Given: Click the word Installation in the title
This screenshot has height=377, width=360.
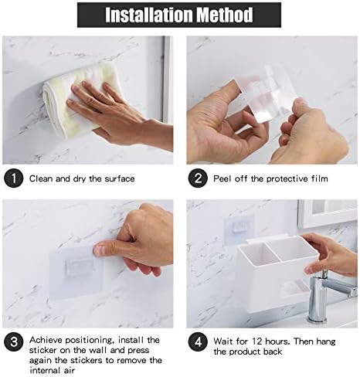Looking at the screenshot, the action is tap(150, 15).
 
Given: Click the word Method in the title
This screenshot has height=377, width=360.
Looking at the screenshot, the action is tap(225, 15).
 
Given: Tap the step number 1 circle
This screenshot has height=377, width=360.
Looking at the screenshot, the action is tap(14, 178).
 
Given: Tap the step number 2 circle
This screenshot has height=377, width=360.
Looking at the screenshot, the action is tap(198, 178).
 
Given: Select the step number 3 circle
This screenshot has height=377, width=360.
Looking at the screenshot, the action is tap(14, 342).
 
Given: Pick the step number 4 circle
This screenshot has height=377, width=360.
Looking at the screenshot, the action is tap(198, 342).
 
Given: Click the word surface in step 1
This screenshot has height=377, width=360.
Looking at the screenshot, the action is tap(120, 178).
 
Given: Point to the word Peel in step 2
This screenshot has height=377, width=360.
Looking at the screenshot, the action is tap(222, 178).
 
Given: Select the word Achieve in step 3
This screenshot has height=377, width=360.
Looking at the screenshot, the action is tap(46, 340).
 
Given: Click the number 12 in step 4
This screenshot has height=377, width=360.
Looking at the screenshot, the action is tap(256, 341).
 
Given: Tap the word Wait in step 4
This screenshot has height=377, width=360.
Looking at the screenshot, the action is tap(223, 341).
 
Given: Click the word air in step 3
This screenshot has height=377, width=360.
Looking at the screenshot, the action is tap(69, 371).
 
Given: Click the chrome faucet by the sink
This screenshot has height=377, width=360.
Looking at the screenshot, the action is tap(327, 296).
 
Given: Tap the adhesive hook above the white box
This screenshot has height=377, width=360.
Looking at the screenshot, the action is tap(239, 228).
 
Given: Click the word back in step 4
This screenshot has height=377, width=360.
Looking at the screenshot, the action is tap(273, 352).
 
